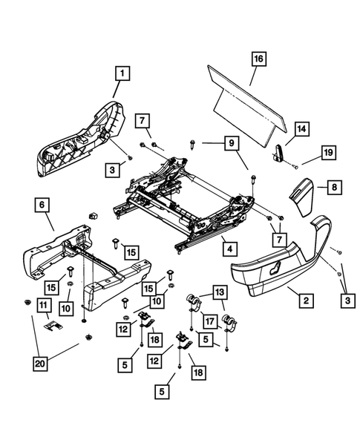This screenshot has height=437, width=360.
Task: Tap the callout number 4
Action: click(231, 249)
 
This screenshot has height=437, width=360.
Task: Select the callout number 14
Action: click(301, 129)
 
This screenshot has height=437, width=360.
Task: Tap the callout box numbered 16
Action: click(258, 58)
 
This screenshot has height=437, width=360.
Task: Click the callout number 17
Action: click(212, 321)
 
